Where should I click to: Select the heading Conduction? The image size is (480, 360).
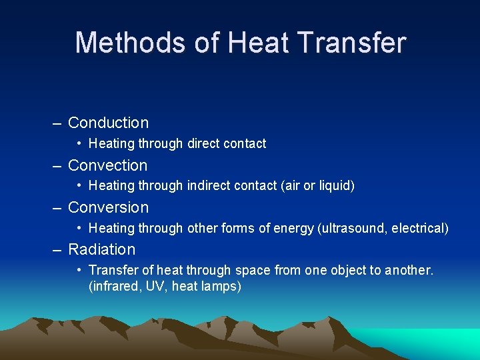click(108, 123)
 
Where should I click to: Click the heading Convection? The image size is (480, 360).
click(107, 165)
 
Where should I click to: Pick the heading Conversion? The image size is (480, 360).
click(108, 207)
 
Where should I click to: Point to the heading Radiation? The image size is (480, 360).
click(101, 249)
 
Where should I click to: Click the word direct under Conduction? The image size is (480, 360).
click(205, 143)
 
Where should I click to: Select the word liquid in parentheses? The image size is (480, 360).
click(335, 185)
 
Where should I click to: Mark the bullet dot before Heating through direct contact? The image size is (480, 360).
click(79, 143)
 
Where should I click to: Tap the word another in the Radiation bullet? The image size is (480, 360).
click(409, 270)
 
